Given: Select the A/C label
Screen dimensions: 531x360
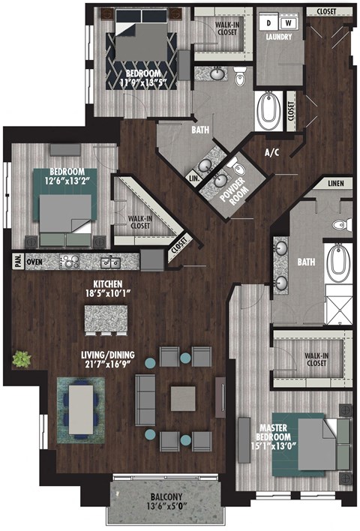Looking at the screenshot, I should pyautogui.click(x=271, y=152).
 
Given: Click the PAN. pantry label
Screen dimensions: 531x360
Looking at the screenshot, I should pyautogui.click(x=15, y=262).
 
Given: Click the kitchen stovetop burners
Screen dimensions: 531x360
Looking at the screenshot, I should pyautogui.click(x=70, y=262).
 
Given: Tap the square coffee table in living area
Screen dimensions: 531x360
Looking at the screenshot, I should pyautogui.click(x=182, y=399).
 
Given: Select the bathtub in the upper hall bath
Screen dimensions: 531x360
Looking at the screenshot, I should pyautogui.click(x=268, y=110).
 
